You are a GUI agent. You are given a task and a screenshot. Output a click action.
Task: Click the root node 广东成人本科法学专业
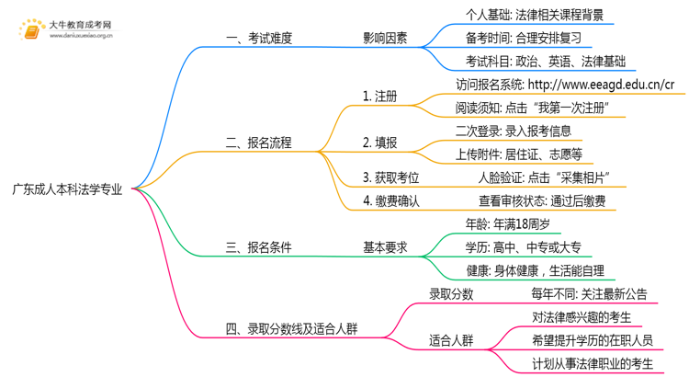66,189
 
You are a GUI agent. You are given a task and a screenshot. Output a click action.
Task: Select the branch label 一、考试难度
259,39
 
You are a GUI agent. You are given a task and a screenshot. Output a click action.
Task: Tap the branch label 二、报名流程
259,143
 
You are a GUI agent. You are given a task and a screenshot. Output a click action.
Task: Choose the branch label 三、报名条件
259,246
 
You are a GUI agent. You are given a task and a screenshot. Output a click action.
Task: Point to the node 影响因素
385,39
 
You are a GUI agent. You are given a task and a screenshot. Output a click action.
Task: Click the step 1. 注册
380,96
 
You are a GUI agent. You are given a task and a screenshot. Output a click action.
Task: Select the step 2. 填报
380,143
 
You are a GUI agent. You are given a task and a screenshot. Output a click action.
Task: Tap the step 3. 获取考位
391,177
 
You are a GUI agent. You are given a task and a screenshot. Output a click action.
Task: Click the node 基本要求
385,246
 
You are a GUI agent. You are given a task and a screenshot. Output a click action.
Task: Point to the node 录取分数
451,294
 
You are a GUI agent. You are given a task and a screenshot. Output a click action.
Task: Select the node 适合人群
451,340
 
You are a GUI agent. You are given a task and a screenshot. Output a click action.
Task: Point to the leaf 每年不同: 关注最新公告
589,294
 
